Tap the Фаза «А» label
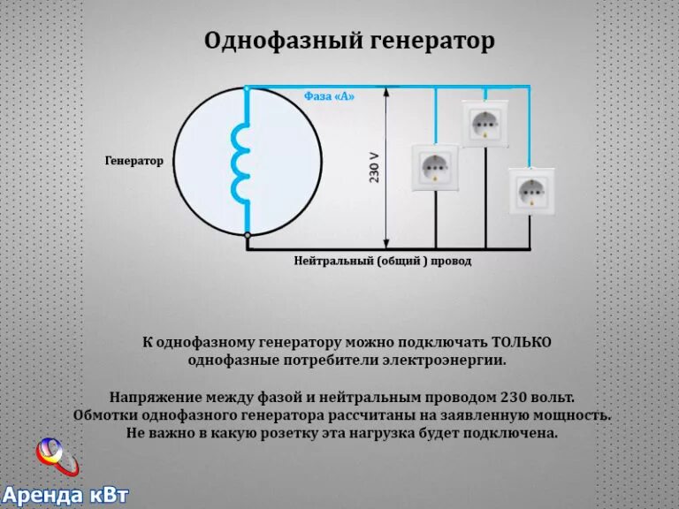[329, 96]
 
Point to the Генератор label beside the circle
[134, 161]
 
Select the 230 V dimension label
[374, 165]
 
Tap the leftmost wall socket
[435, 167]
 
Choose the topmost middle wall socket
[485, 123]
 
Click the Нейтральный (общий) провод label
[383, 262]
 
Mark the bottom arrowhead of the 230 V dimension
[385, 244]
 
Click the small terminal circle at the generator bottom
[248, 236]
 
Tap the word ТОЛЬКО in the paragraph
[522, 342]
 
